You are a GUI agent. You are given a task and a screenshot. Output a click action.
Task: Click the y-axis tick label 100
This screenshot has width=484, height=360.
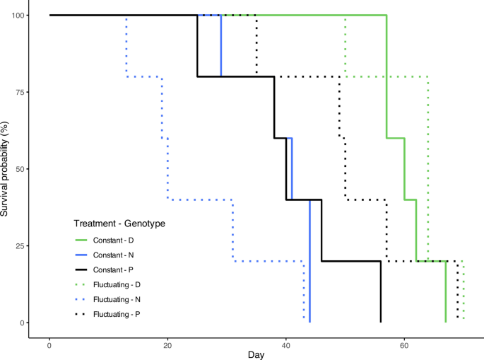coord(17,15)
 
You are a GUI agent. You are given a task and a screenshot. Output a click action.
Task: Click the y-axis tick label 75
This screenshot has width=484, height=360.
coord(19,92)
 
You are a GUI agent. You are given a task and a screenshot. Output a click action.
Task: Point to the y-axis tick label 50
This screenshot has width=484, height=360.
coord(19,169)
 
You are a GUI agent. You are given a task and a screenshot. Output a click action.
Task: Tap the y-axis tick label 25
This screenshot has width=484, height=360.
coord(19,246)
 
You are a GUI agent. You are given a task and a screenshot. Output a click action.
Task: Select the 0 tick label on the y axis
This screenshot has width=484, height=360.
coord(21,323)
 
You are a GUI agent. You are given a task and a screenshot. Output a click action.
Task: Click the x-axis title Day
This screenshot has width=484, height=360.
coord(256,354)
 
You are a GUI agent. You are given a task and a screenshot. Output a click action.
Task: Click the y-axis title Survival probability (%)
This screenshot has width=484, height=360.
coord(6,169)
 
